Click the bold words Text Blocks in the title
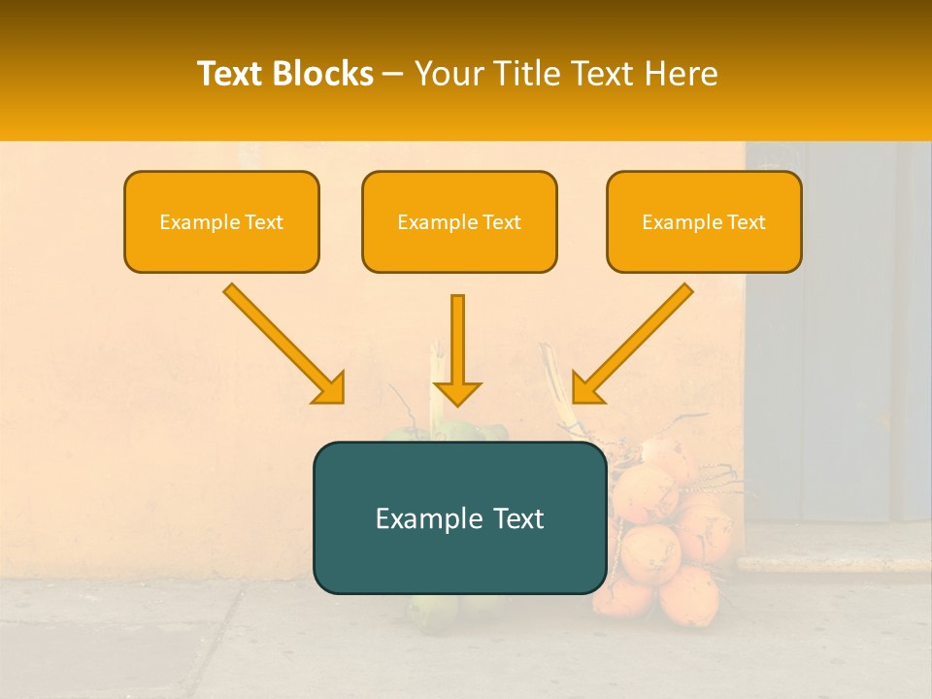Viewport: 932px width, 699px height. (284, 75)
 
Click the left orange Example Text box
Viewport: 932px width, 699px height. (221, 221)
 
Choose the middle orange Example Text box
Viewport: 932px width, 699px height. (459, 221)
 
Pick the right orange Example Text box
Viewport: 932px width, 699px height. (704, 221)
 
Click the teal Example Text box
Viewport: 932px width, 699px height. (459, 517)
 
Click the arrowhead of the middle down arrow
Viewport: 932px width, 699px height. (457, 392)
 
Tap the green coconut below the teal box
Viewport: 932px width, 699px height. (432, 610)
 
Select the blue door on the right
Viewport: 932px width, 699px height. (835, 330)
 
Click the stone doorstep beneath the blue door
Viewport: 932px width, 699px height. (835, 560)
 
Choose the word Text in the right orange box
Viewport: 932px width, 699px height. (746, 222)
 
